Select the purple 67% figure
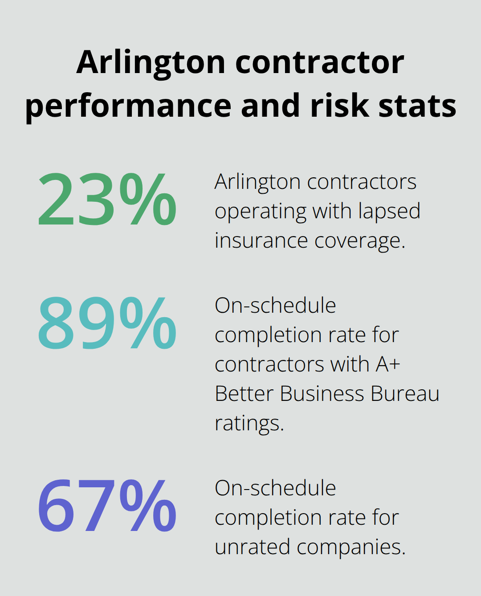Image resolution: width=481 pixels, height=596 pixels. click(x=107, y=506)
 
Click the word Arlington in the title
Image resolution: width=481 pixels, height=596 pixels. click(x=151, y=62)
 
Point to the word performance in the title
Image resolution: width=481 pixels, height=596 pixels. click(x=128, y=106)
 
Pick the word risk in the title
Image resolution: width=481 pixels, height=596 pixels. click(x=340, y=106)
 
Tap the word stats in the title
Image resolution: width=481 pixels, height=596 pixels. click(x=417, y=106)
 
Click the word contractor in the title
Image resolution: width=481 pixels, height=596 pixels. click(x=320, y=62)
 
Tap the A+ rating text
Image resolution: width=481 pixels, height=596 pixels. click(x=388, y=364)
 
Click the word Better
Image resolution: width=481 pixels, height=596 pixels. click(x=244, y=394)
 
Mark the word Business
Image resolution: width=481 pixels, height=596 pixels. click(x=322, y=394)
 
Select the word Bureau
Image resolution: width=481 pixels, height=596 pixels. click(x=405, y=394)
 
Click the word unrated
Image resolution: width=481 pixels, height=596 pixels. click(x=252, y=547)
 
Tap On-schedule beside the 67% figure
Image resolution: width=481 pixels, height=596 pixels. click(x=275, y=488)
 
